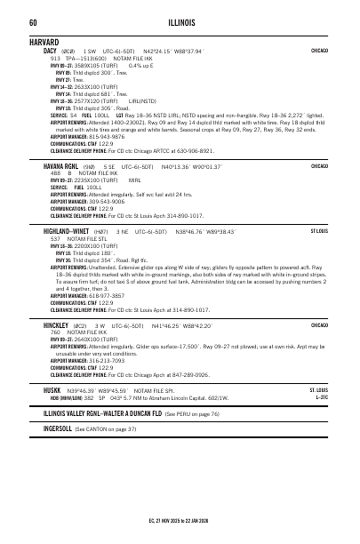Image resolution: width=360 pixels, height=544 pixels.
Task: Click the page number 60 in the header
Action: click(33, 22)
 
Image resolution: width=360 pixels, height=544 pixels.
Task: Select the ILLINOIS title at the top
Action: click(180, 22)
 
